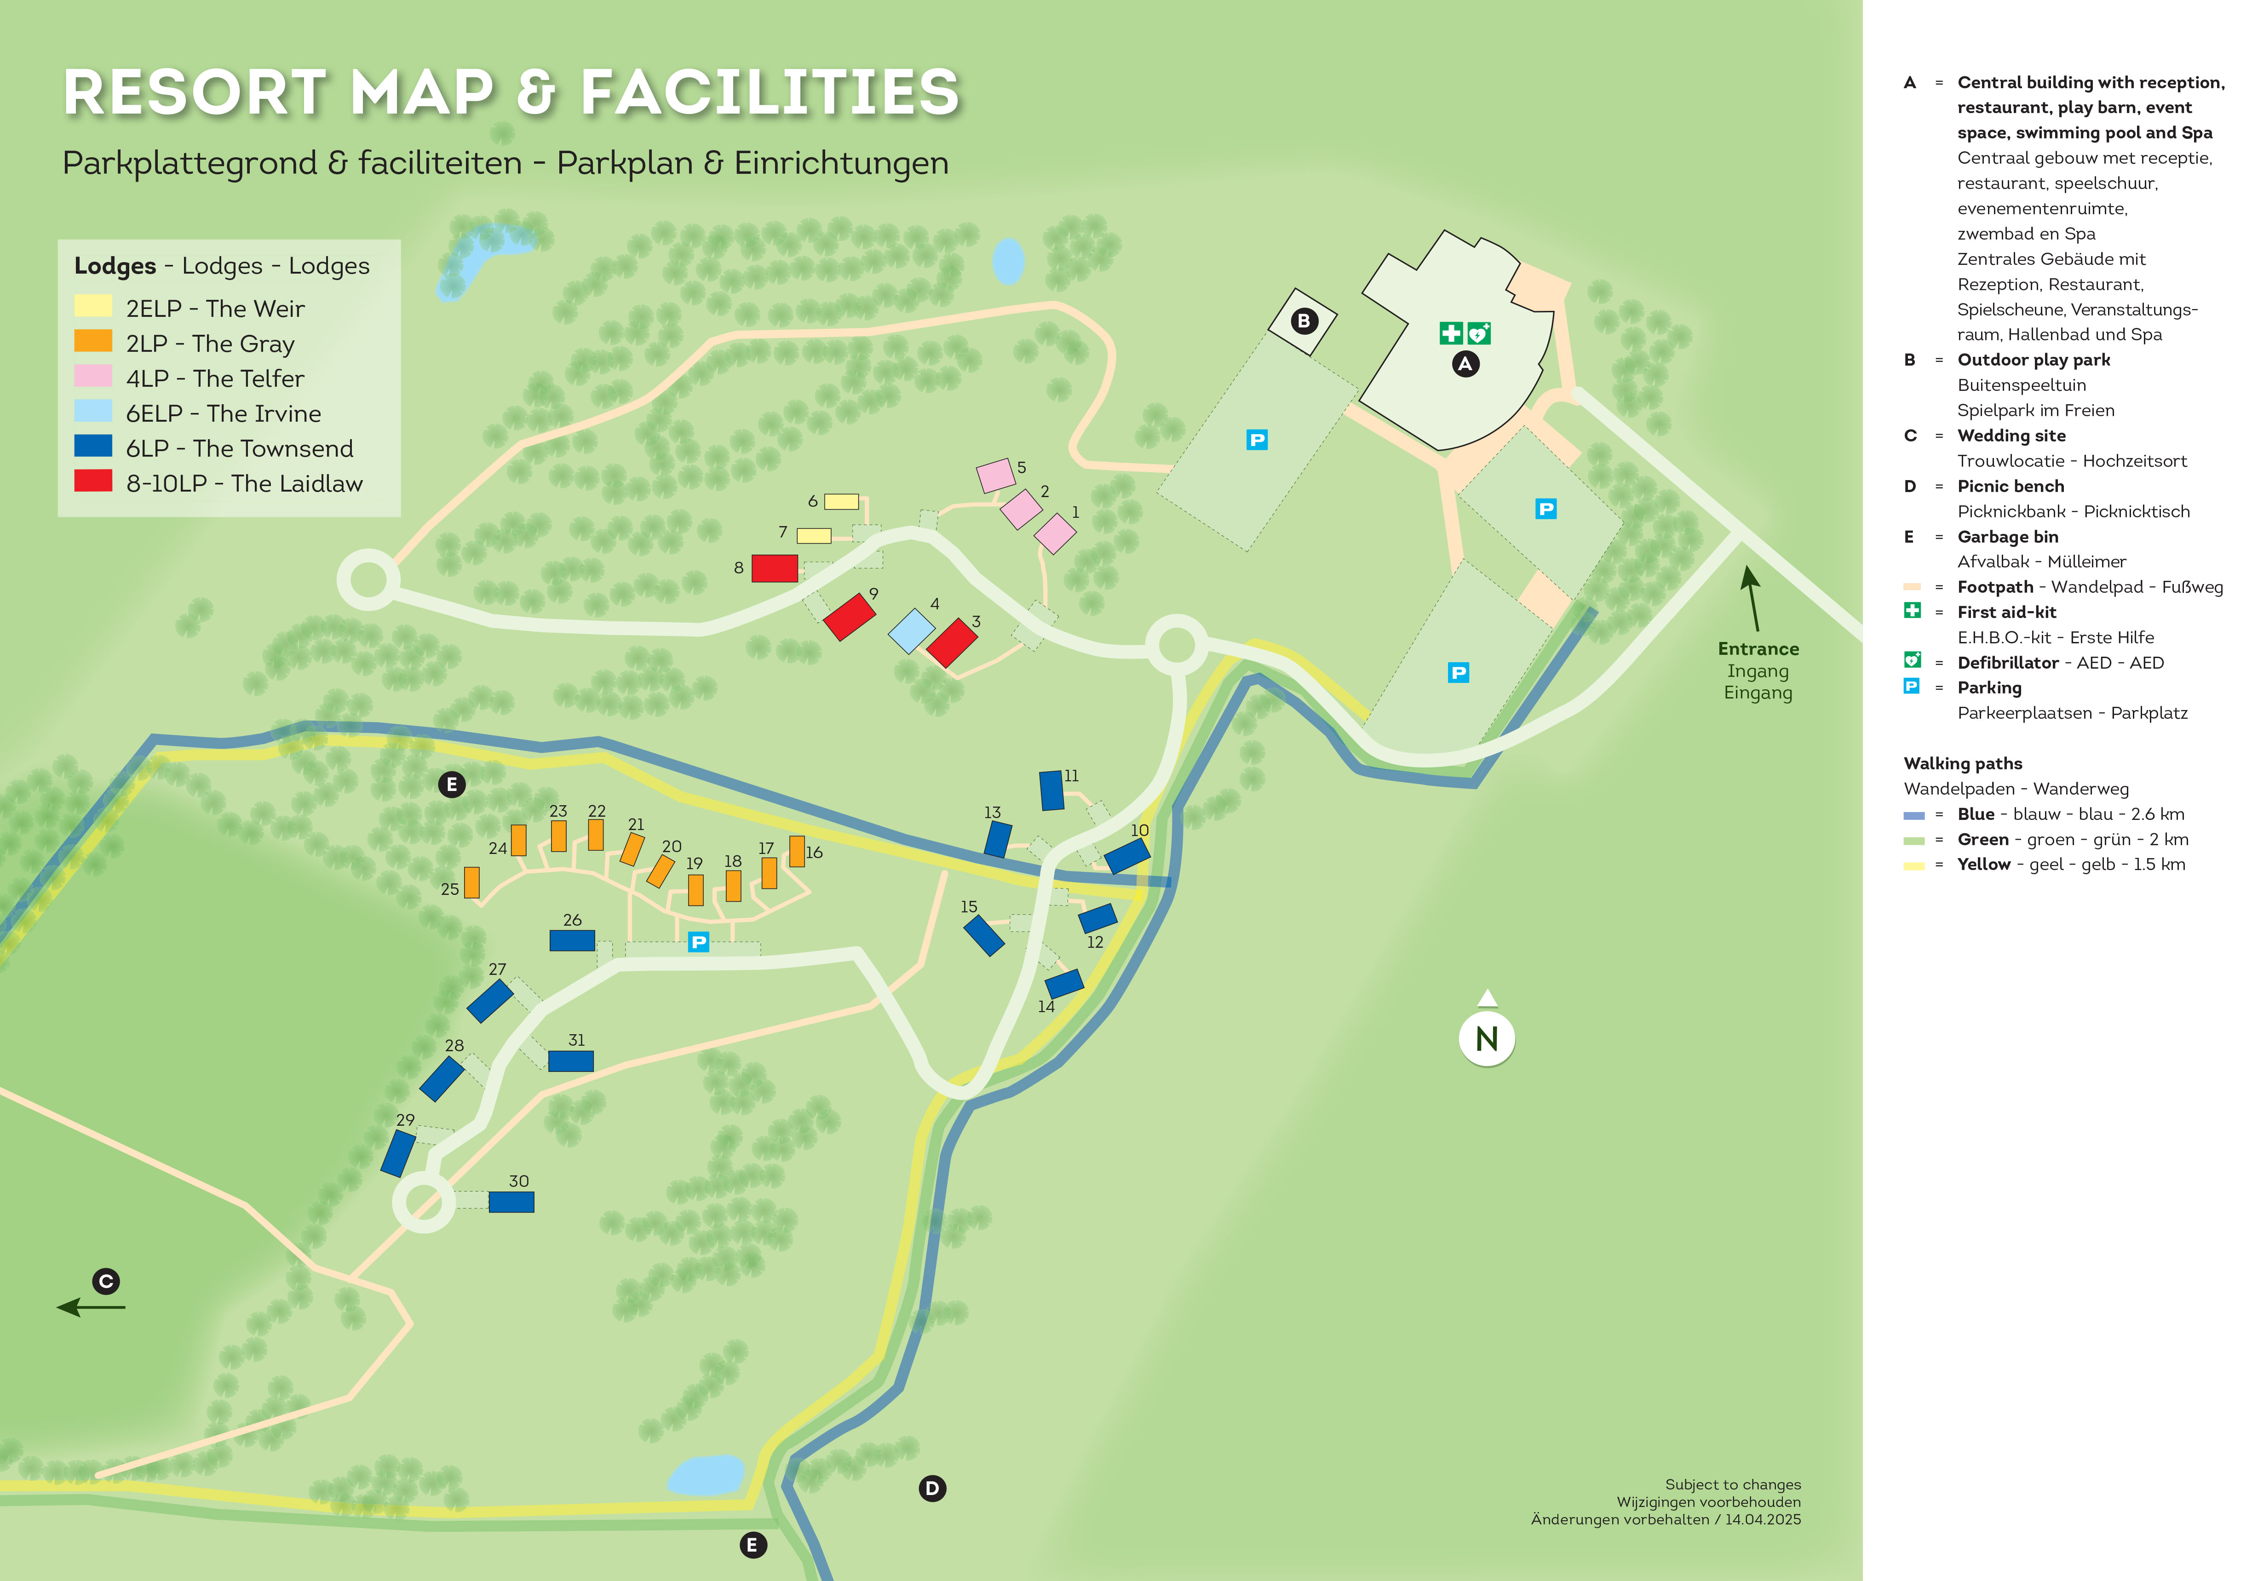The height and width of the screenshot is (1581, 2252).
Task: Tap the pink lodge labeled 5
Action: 995,475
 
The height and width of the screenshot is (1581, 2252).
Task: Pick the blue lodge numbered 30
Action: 511,1202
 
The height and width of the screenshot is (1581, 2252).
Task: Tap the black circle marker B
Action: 1304,321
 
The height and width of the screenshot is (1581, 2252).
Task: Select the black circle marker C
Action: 106,1281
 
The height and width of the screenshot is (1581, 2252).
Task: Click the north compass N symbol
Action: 1487,1039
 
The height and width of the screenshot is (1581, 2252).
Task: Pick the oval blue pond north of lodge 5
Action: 1008,261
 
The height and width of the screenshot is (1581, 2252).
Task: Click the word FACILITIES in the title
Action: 770,93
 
